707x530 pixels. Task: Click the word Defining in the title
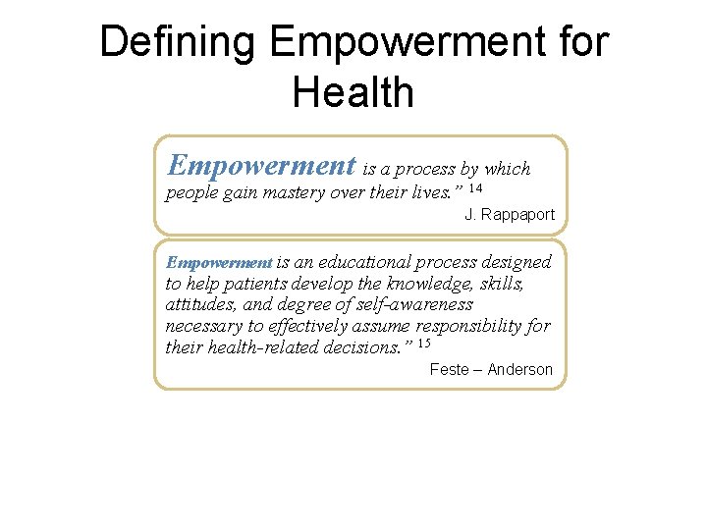pyautogui.click(x=178, y=42)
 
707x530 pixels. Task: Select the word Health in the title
pyautogui.click(x=353, y=92)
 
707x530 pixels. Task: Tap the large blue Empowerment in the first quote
pyautogui.click(x=261, y=166)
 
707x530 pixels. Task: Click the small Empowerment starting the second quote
pyautogui.click(x=218, y=263)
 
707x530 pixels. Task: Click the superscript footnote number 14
pyautogui.click(x=475, y=187)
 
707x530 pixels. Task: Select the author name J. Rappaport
pyautogui.click(x=510, y=214)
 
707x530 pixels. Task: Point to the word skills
pyautogui.click(x=500, y=284)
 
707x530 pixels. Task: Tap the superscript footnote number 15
pyautogui.click(x=424, y=344)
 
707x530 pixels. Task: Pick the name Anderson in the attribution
pyautogui.click(x=519, y=370)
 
